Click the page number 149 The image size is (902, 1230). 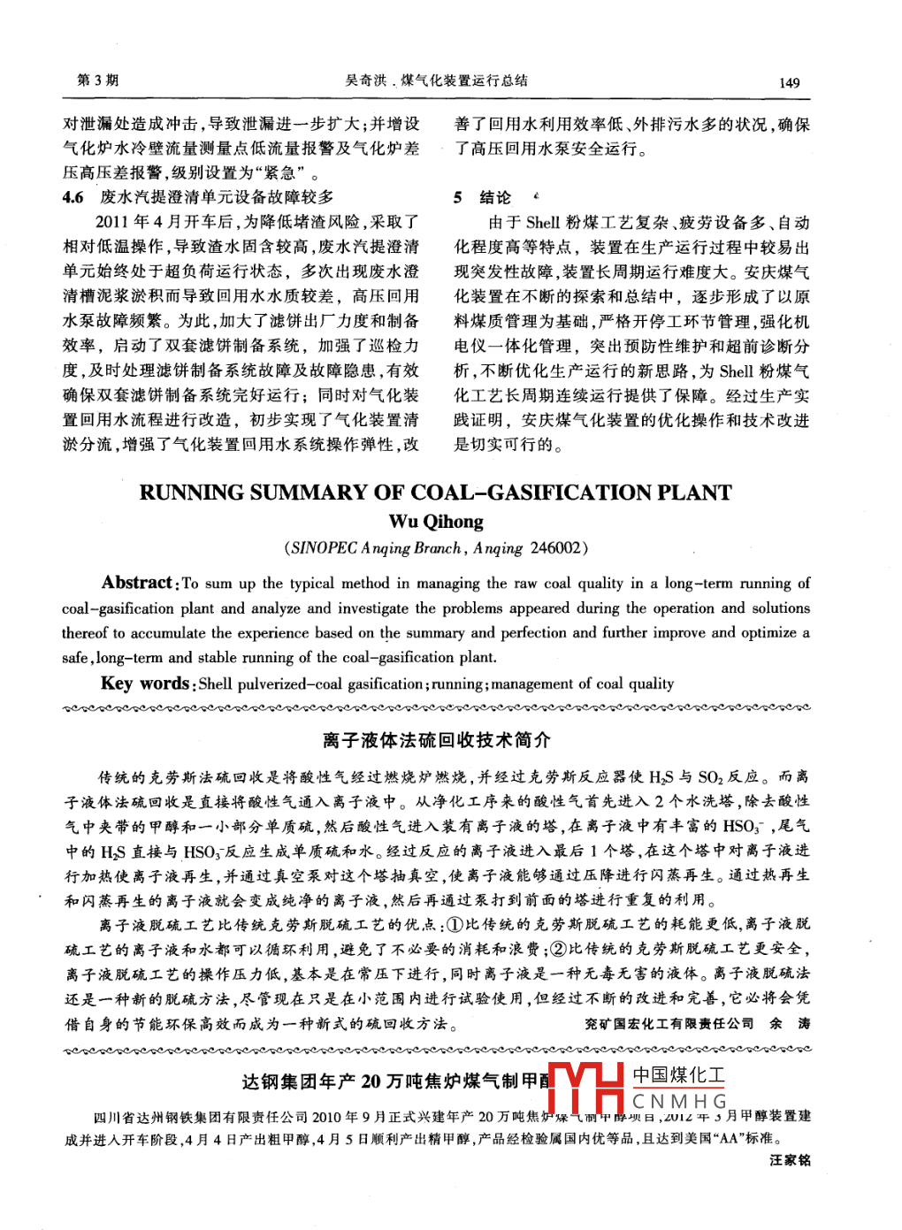789,83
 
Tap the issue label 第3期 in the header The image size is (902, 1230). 97,80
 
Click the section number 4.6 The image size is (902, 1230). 73,197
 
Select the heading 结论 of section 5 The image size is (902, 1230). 495,197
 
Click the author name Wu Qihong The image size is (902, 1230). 436,522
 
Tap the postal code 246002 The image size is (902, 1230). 557,548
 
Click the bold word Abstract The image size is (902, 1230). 137,583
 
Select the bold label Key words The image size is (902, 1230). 144,684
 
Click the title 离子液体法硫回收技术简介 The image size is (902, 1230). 436,740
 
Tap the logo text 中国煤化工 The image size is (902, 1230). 678,1075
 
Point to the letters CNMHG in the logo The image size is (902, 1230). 679,1102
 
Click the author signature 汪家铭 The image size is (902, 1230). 790,1160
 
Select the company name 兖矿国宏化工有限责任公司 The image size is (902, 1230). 669,1023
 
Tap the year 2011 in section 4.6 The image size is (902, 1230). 112,222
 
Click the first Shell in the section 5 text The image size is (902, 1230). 543,223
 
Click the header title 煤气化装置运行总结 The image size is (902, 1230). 464,80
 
